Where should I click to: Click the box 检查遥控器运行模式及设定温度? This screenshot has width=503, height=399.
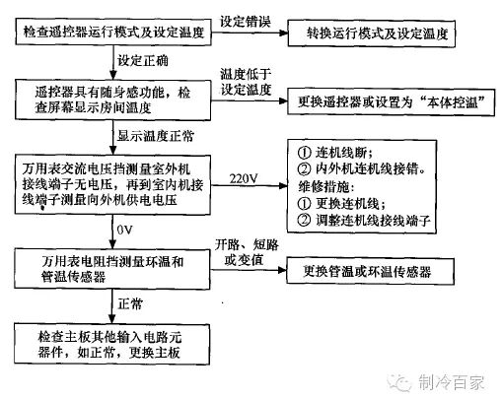[x=113, y=32]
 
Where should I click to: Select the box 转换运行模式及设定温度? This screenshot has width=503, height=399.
[x=372, y=33]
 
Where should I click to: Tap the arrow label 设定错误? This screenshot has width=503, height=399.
[x=246, y=22]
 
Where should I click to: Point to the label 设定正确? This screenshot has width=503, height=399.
[x=143, y=61]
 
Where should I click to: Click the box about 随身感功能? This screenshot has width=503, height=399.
[x=112, y=100]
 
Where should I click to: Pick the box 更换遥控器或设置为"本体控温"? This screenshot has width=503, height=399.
[x=392, y=101]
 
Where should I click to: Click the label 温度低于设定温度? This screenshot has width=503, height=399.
[x=246, y=82]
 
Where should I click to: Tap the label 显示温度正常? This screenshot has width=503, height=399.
[x=156, y=136]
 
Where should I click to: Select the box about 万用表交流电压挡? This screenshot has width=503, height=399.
[x=112, y=185]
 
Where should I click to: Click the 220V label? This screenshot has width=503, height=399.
[x=244, y=178]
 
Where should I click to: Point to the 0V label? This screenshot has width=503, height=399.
[x=125, y=230]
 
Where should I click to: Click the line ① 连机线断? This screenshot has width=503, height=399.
[x=335, y=153]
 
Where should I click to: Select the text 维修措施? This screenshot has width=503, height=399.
[x=326, y=186]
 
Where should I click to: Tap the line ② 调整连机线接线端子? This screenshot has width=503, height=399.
[x=364, y=220]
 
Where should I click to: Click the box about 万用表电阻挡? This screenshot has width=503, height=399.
[x=112, y=269]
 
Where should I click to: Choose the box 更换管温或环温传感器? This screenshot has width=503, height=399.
[x=371, y=271]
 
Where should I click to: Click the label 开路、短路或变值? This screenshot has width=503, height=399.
[x=247, y=252]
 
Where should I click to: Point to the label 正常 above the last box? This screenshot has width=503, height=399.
[x=130, y=303]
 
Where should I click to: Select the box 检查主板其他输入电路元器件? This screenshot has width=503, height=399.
[x=111, y=344]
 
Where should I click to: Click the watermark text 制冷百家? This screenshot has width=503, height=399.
[x=451, y=382]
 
